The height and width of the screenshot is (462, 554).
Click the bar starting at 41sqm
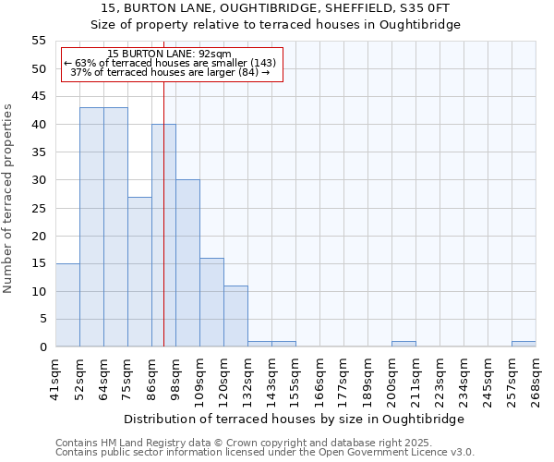point(67,305)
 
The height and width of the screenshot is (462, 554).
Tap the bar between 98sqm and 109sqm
point(187,263)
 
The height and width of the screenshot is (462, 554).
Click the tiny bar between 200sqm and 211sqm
point(403,344)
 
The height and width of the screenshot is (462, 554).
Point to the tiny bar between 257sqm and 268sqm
point(524,344)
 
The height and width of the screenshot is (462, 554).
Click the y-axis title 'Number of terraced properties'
point(9,198)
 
